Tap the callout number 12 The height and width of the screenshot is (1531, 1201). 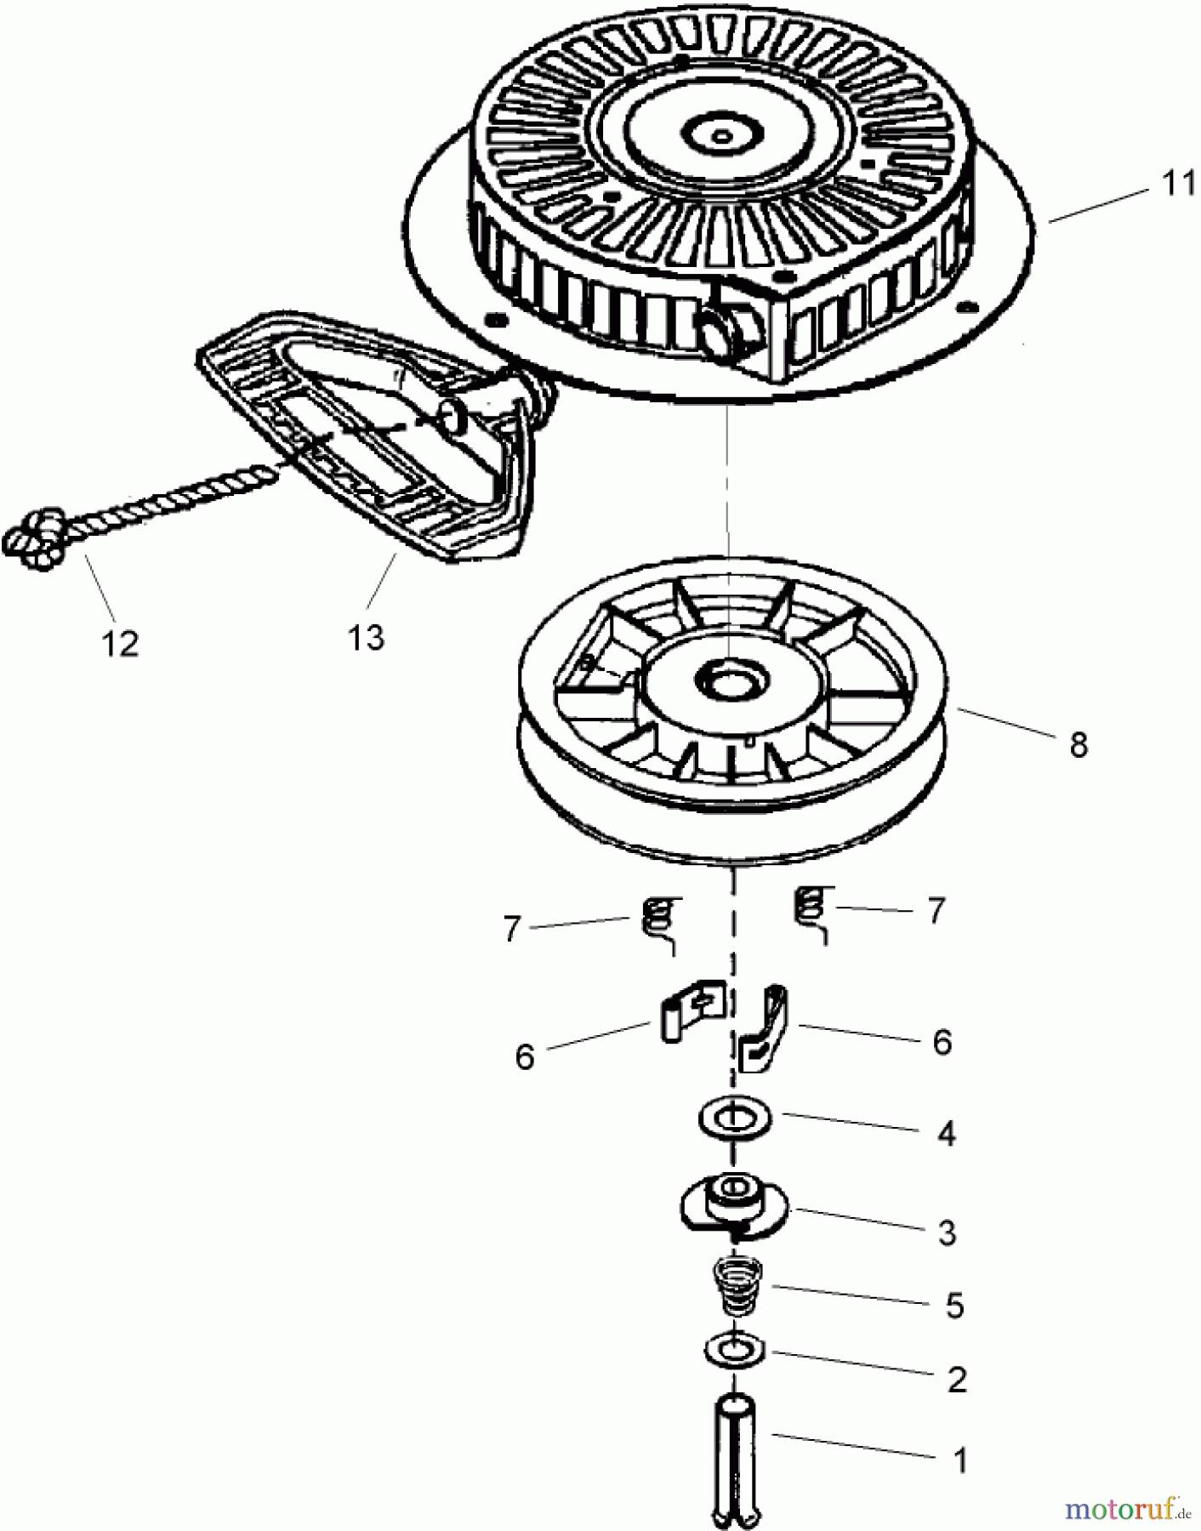[x=120, y=644]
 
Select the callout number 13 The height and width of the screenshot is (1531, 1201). [x=366, y=636]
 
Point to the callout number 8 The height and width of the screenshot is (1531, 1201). [x=1078, y=744]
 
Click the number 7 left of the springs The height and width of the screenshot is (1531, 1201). [x=511, y=929]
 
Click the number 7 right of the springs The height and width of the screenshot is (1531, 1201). [x=936, y=911]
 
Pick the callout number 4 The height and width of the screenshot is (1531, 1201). [x=946, y=1133]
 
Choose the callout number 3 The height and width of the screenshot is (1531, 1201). [x=947, y=1232]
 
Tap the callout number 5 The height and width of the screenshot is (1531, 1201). [x=953, y=1306]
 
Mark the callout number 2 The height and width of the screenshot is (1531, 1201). [x=956, y=1380]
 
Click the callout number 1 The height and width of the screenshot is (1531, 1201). [x=959, y=1460]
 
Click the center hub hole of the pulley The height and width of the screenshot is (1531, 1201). [x=730, y=679]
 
